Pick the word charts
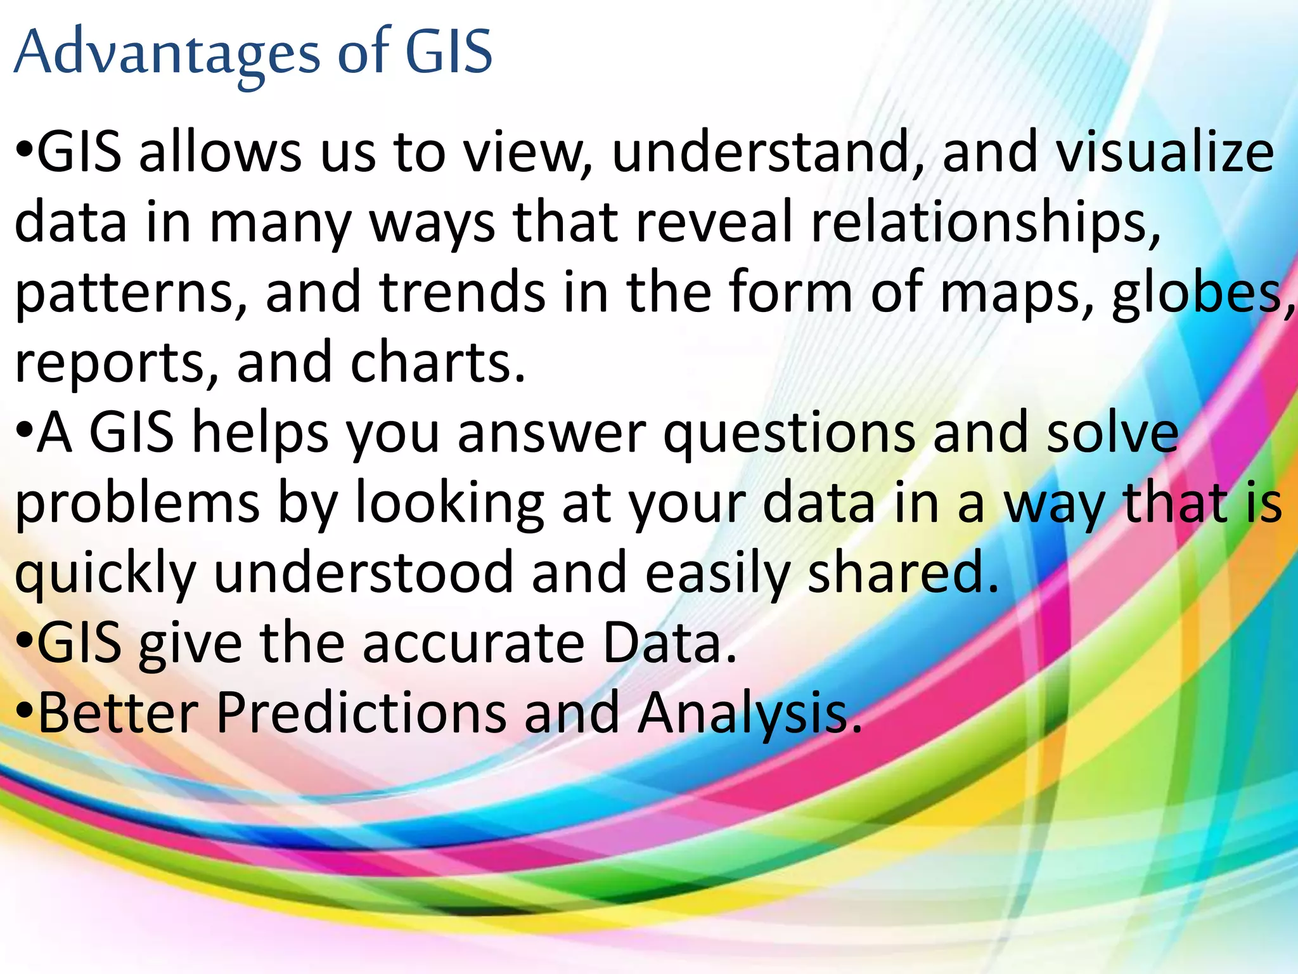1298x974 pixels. click(x=437, y=363)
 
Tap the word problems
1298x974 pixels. click(x=137, y=503)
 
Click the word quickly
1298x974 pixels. click(x=105, y=573)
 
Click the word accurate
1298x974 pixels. click(x=473, y=643)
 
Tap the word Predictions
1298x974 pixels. click(x=361, y=713)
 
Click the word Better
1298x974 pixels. click(x=119, y=713)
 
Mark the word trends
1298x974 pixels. click(x=462, y=293)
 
